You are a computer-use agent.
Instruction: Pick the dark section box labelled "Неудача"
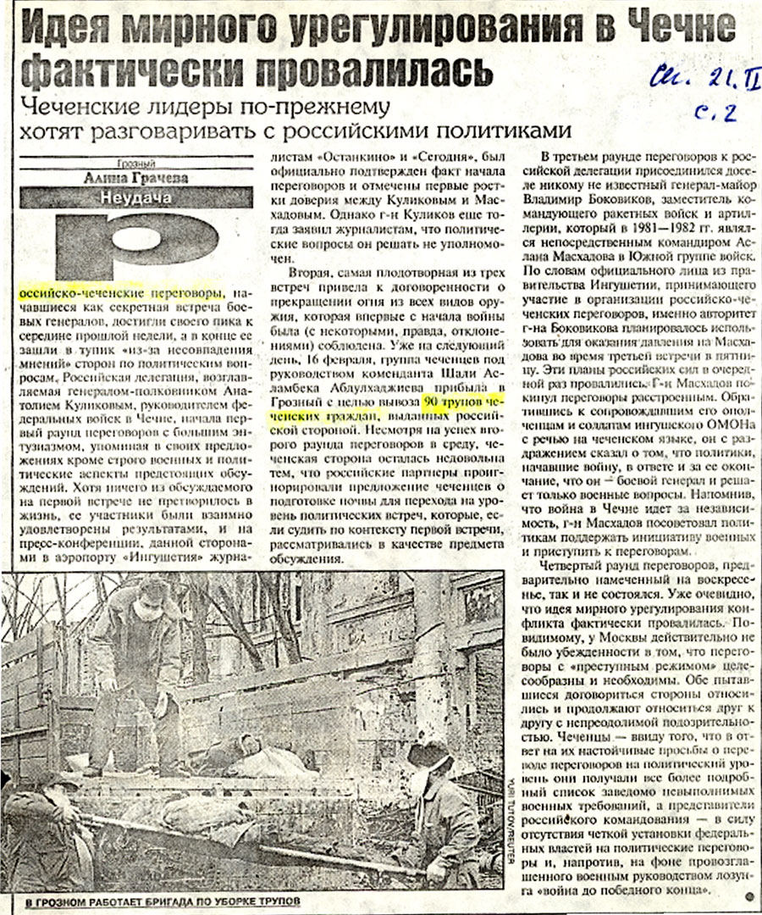point(136,197)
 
